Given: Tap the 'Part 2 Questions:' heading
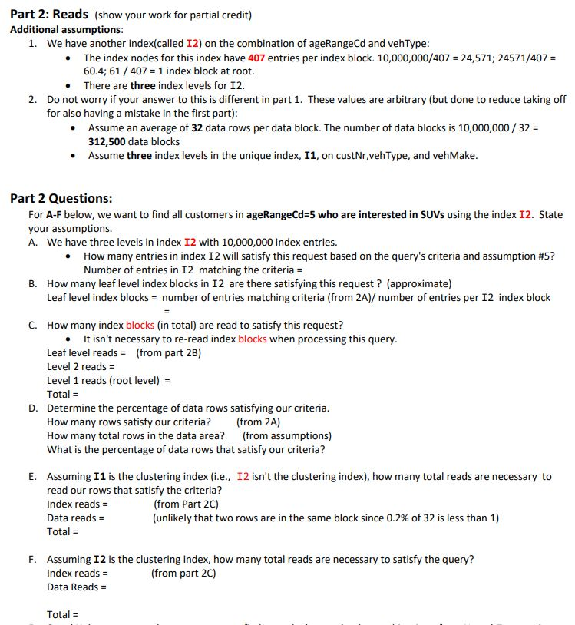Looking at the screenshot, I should click(x=61, y=198).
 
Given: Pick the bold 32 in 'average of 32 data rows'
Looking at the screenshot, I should click(x=197, y=127).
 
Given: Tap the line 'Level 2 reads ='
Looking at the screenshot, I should click(x=77, y=366).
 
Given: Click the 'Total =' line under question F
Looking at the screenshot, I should click(x=63, y=614).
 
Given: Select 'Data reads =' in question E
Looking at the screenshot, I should click(x=76, y=518).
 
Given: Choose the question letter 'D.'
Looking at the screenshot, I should click(x=34, y=408).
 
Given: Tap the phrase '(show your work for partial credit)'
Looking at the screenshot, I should click(x=173, y=15).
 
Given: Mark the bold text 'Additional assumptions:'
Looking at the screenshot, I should click(x=66, y=29).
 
